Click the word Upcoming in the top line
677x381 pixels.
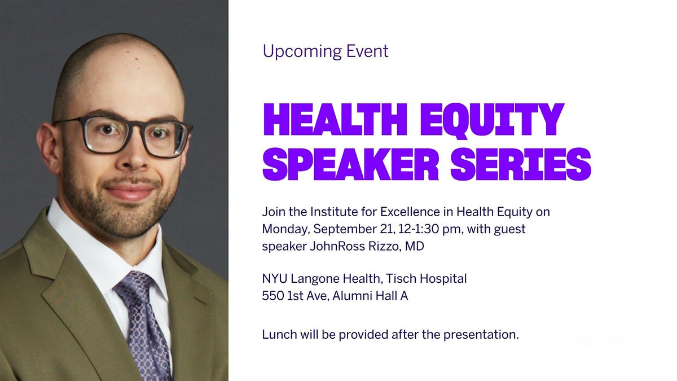click(302, 52)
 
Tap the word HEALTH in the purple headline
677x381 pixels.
click(335, 120)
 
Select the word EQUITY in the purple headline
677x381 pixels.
click(493, 121)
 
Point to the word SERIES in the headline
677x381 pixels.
click(521, 164)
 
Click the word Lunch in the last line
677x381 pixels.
click(279, 334)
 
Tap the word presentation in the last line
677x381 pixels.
click(481, 335)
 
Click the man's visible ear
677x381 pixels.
click(49, 145)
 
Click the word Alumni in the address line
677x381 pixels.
click(349, 296)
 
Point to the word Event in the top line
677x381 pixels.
click(367, 51)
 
